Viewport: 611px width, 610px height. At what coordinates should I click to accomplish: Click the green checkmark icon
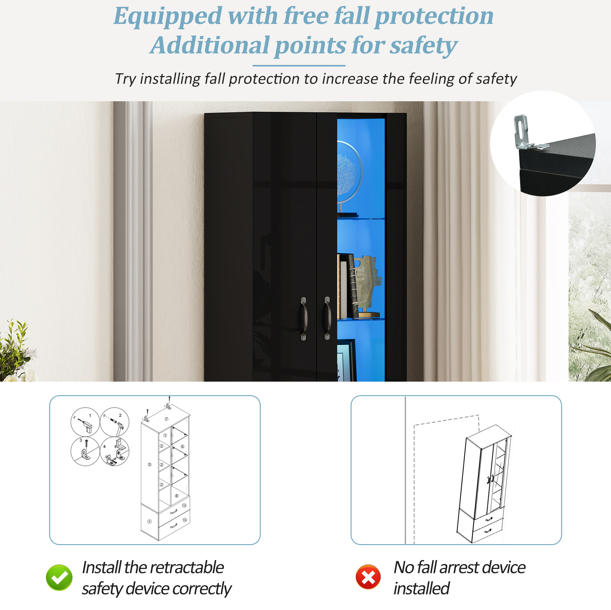click(x=59, y=577)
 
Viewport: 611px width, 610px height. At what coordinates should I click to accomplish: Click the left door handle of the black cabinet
click(x=303, y=319)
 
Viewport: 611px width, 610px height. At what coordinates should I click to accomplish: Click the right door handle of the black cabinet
click(x=327, y=318)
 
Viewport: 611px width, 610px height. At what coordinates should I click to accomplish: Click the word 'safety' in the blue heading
click(x=424, y=46)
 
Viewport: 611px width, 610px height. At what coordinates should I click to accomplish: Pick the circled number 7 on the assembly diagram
click(x=166, y=419)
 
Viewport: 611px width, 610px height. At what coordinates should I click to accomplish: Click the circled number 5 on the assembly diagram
click(x=150, y=464)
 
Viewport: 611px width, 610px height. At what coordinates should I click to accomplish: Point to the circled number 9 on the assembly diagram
click(x=150, y=521)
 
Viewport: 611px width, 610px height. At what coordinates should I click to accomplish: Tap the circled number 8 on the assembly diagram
click(x=177, y=496)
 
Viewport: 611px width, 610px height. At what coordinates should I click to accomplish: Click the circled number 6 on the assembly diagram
click(x=183, y=447)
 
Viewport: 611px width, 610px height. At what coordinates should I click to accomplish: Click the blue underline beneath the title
click(x=299, y=66)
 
